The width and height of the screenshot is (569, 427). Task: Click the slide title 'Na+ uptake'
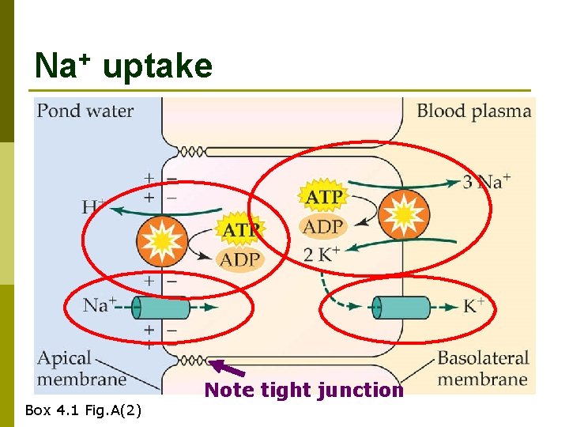click(123, 66)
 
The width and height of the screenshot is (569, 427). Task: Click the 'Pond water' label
click(85, 111)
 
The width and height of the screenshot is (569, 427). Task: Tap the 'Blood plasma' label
click(473, 111)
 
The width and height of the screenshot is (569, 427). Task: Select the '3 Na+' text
click(486, 182)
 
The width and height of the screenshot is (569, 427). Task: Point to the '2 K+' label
click(322, 255)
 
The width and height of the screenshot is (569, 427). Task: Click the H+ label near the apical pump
click(94, 207)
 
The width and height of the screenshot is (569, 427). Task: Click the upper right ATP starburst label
click(323, 196)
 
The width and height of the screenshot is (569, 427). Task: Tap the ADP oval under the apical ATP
click(240, 259)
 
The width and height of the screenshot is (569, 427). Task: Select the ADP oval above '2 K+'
click(323, 227)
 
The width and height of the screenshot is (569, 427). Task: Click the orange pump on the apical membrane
click(161, 240)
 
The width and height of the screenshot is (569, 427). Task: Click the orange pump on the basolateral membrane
click(403, 213)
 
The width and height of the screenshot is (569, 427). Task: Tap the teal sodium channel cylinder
click(160, 307)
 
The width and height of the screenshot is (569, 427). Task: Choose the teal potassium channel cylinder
click(401, 307)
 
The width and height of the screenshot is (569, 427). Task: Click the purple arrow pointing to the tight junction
click(229, 368)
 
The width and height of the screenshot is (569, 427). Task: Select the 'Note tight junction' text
click(303, 390)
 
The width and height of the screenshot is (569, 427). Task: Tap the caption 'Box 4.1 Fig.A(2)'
click(84, 410)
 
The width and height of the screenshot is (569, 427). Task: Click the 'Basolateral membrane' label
click(482, 368)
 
